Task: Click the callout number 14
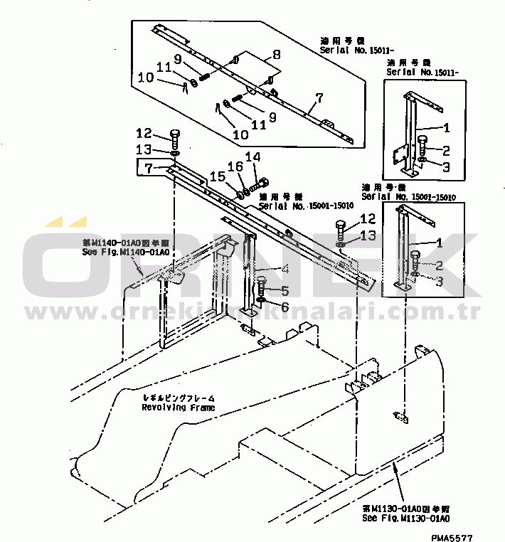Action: coord(253,157)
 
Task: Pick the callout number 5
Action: coord(285,290)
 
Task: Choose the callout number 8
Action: coord(276,53)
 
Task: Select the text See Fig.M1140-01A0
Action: coord(125,252)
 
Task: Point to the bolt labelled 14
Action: coord(258,184)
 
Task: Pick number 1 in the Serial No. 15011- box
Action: coord(446,129)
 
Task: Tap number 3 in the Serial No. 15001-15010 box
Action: coord(440,282)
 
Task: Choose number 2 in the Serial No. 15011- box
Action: coord(446,150)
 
